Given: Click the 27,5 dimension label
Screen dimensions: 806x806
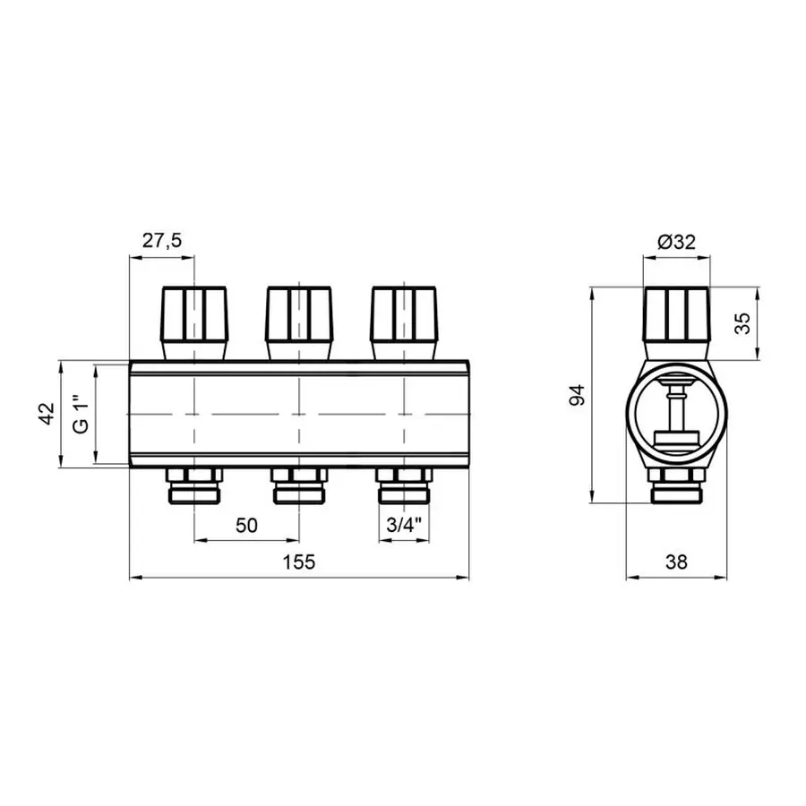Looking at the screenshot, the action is tap(162, 240).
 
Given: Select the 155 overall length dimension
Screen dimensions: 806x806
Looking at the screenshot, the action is tap(298, 562).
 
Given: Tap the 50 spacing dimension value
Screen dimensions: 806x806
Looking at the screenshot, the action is tap(246, 525).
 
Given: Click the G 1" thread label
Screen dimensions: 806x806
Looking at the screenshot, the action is tap(81, 414).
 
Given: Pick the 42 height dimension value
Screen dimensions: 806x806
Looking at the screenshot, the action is tap(47, 414).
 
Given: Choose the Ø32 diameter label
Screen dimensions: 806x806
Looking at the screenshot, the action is tap(676, 241).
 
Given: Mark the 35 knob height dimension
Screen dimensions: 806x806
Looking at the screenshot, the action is tap(742, 324).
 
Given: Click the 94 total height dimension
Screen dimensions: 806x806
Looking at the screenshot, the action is tap(578, 395).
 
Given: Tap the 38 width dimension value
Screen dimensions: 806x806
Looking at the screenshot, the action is tap(676, 562).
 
